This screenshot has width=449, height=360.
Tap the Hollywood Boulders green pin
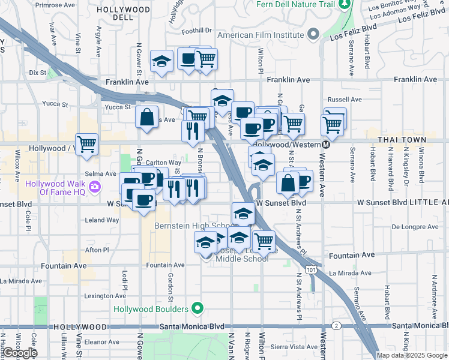click(x=196, y=309)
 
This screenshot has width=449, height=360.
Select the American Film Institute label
click(x=261, y=35)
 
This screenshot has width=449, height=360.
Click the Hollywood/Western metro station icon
click(x=326, y=145)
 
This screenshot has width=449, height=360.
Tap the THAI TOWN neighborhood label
click(x=402, y=140)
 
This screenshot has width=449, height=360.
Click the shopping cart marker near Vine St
click(x=87, y=144)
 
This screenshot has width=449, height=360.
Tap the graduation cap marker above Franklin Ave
click(x=161, y=61)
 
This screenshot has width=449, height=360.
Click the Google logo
click(x=20, y=353)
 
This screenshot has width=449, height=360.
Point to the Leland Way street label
click(x=103, y=220)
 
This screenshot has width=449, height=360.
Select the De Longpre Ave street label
click(x=415, y=227)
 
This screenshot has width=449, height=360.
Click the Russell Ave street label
click(x=344, y=100)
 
